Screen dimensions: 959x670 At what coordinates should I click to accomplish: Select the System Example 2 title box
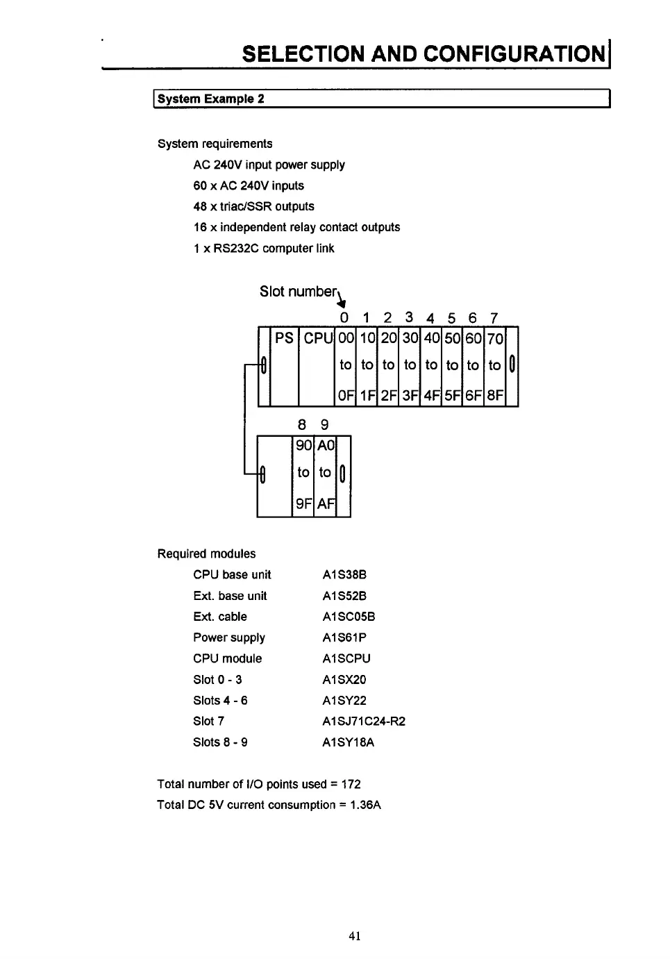[381, 99]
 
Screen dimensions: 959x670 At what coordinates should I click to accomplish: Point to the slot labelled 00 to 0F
[346, 366]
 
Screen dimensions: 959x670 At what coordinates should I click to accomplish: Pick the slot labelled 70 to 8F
[495, 366]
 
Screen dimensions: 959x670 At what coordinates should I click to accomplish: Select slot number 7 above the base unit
[494, 318]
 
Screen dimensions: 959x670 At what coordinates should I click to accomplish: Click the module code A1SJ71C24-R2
[363, 722]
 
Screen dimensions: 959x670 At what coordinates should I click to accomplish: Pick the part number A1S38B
[344, 575]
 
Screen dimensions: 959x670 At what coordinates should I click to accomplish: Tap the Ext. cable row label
[219, 617]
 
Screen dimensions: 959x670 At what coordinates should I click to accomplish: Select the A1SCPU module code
[346, 658]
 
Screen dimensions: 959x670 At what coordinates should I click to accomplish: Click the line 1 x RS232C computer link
[264, 249]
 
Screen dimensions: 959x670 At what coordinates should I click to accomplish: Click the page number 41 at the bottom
[355, 936]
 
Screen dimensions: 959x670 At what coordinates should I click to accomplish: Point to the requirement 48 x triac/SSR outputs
[253, 207]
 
